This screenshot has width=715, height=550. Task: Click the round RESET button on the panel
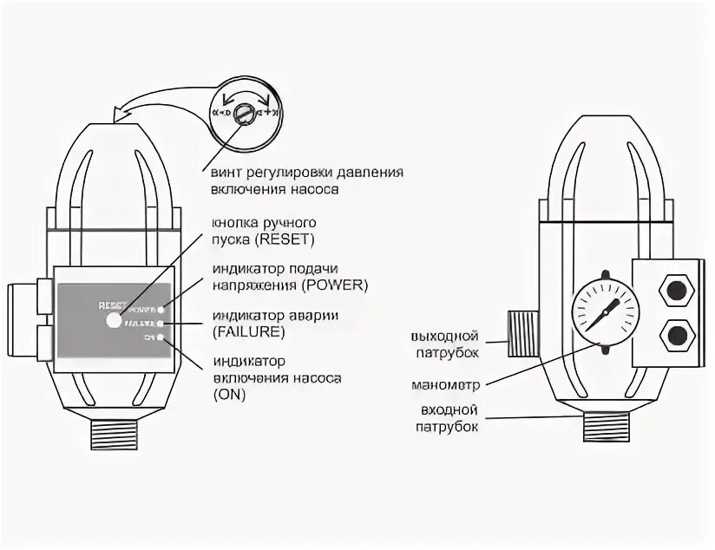click(115, 321)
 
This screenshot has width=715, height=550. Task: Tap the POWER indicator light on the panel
click(161, 308)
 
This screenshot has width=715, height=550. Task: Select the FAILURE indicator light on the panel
click(161, 323)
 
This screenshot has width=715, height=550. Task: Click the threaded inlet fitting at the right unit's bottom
click(604, 426)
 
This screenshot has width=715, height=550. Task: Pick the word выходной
click(448, 336)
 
